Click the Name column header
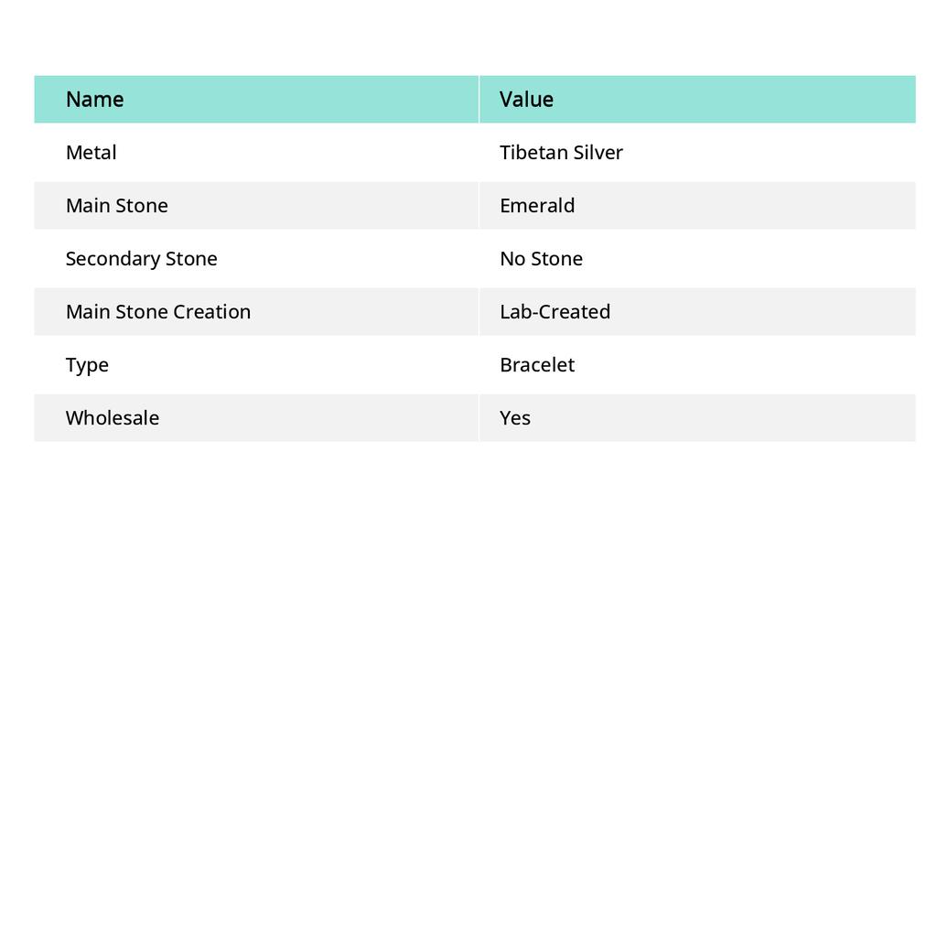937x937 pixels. coord(95,100)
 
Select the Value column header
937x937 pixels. coord(526,100)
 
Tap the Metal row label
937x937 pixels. coord(92,153)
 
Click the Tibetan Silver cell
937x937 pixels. coord(561,153)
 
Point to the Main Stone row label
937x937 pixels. coord(117,206)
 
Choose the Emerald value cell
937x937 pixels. coord(537,206)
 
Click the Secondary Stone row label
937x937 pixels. coord(142,259)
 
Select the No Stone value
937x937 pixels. coord(541,259)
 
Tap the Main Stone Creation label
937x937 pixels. coord(158,312)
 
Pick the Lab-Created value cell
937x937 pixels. coord(555,312)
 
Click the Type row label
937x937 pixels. coord(87,365)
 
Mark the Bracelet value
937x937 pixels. coord(537,365)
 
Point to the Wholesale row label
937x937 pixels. coord(113,418)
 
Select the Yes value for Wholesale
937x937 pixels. coord(515,418)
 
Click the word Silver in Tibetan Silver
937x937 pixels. coord(600,153)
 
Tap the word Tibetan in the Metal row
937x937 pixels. coord(535,153)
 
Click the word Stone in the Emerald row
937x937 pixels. coord(142,206)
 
